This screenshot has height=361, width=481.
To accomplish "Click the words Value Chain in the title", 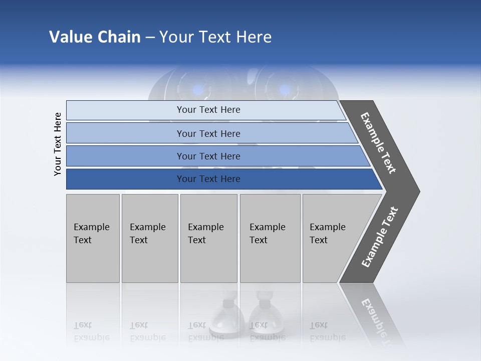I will (95, 37).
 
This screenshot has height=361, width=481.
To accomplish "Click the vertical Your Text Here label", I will (58, 144).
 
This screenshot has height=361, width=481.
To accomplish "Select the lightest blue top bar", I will (125, 110).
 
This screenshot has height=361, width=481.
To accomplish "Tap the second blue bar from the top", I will (125, 133).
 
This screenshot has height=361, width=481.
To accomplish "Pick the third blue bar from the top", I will (125, 156).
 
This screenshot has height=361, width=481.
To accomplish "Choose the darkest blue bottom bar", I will (125, 179).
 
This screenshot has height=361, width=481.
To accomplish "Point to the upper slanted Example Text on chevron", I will (378, 143).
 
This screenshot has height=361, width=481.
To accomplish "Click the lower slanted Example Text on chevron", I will (379, 237).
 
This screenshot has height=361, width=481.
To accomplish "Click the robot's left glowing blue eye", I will (199, 90).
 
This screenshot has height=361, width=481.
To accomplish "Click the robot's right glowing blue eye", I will (284, 90).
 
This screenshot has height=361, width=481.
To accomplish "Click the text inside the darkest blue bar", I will (208, 179).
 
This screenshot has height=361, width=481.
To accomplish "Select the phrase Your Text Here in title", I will (215, 37).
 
